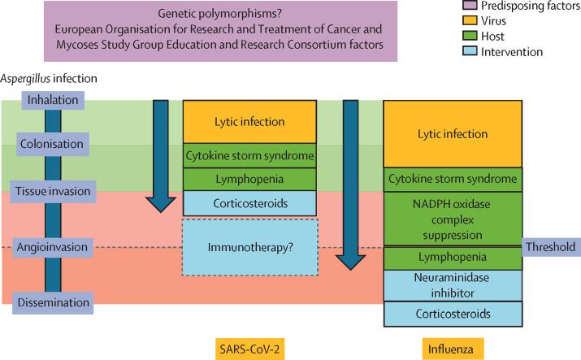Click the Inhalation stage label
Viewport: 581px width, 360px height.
coord(53,100)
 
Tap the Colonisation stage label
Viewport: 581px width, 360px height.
coord(52,144)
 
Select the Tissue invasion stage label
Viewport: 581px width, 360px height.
coord(53,192)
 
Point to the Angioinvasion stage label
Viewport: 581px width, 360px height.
coord(52,247)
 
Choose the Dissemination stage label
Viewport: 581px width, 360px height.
coord(53,302)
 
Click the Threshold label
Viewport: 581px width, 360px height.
coord(551,247)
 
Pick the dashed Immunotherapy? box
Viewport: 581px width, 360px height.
coord(250,247)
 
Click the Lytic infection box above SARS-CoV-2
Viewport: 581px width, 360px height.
coord(249,122)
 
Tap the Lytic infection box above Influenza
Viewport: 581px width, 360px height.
coord(453,134)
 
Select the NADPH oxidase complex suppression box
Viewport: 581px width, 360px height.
coord(453,219)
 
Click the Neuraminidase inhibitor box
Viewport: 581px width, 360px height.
coord(453,285)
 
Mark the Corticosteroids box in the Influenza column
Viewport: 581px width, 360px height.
coord(453,314)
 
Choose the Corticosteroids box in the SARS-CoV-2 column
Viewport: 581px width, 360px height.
coord(249,203)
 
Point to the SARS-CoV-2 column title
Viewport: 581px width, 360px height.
coord(249,349)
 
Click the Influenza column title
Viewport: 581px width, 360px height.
coord(453,349)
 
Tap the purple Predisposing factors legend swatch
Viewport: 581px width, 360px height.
coord(470,5)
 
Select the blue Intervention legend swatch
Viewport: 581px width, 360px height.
coord(470,51)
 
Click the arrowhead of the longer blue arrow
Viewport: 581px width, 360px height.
coord(350,262)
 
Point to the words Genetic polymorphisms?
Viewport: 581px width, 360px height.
coord(220,14)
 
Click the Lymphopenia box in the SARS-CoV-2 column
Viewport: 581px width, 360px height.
coord(249,180)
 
